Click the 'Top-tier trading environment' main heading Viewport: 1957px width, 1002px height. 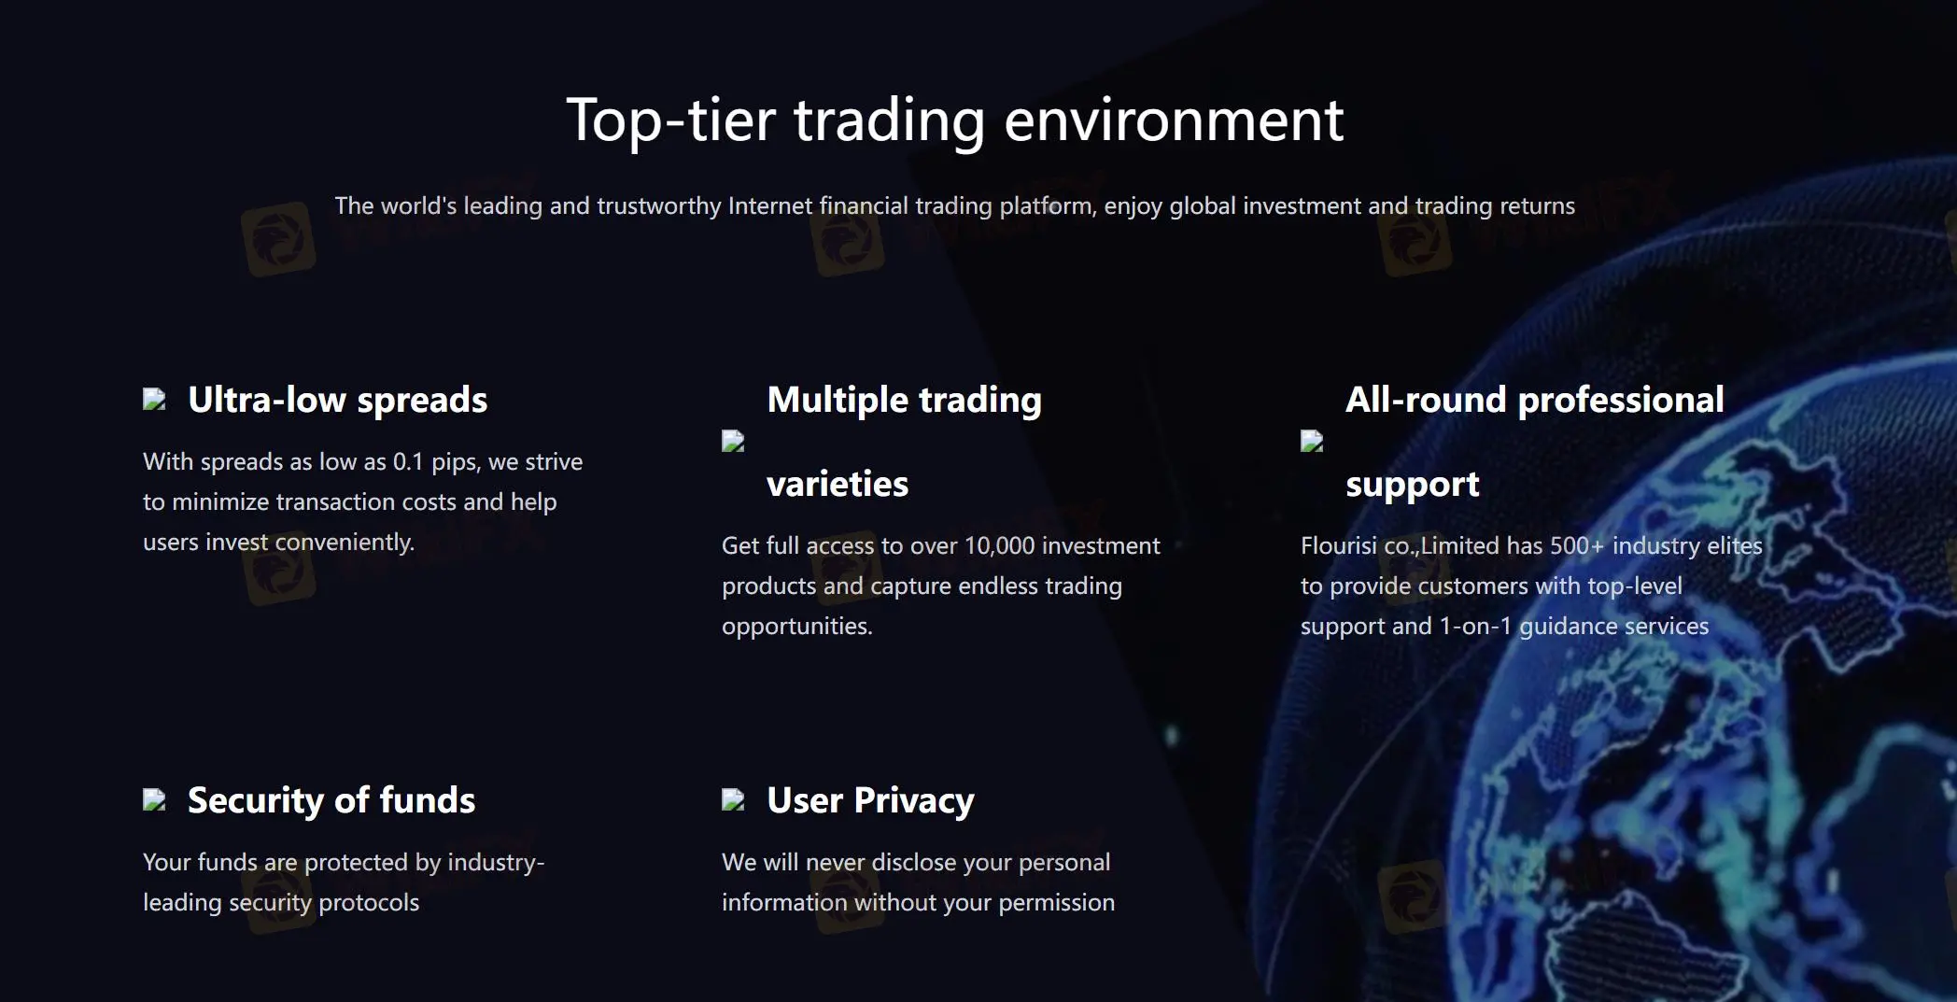coord(954,120)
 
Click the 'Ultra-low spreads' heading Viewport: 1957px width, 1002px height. coord(338,400)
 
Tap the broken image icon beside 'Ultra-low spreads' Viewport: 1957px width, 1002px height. coord(154,400)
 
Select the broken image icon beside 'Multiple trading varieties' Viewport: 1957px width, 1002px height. coord(733,441)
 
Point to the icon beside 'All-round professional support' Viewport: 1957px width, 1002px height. coord(1312,441)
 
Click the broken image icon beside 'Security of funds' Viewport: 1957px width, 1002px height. coord(154,799)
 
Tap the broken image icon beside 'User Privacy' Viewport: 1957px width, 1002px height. coord(733,799)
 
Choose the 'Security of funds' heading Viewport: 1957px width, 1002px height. coord(331,800)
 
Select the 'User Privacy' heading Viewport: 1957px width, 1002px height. coord(870,801)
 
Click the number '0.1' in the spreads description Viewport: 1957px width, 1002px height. coord(408,461)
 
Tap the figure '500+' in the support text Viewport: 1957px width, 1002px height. coord(1577,545)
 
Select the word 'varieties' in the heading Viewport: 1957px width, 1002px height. coord(838,484)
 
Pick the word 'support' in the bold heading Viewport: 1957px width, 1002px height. coord(1413,485)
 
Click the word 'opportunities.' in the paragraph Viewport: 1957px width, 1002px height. coord(797,627)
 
